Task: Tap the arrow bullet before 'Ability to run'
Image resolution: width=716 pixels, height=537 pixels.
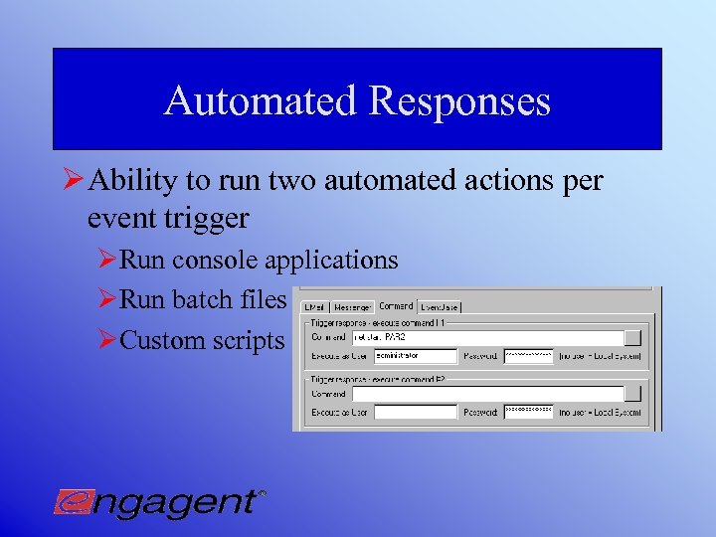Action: pyautogui.click(x=73, y=181)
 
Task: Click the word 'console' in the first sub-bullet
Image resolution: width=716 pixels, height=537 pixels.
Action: pyautogui.click(x=218, y=261)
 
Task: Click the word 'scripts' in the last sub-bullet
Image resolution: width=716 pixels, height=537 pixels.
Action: pyautogui.click(x=249, y=340)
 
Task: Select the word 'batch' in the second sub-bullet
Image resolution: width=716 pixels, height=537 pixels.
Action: pyautogui.click(x=204, y=299)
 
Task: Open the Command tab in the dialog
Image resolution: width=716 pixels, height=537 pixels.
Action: pyautogui.click(x=396, y=306)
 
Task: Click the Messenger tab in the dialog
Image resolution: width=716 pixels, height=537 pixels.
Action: pyautogui.click(x=353, y=307)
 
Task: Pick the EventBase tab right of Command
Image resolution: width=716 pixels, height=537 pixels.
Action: pyautogui.click(x=440, y=307)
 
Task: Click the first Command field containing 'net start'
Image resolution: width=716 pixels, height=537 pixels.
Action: pyautogui.click(x=487, y=337)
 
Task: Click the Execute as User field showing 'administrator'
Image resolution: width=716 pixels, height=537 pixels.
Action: pyautogui.click(x=415, y=355)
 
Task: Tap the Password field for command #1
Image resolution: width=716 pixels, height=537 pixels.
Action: pyautogui.click(x=528, y=355)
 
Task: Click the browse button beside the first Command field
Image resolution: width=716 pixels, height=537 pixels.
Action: pyautogui.click(x=632, y=337)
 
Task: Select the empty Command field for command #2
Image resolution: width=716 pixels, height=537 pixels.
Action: pyautogui.click(x=487, y=394)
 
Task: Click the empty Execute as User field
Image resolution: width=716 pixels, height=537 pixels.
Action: pyautogui.click(x=415, y=412)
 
